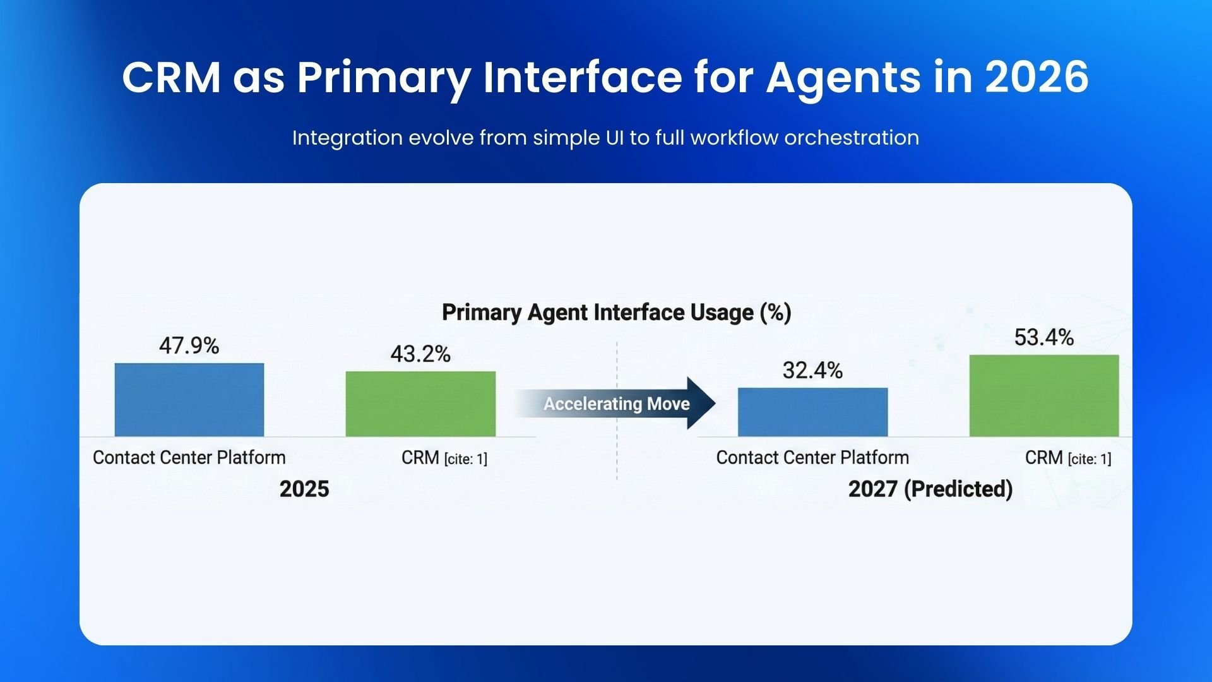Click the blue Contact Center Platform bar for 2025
189,399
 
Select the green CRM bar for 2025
420,404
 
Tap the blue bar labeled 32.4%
812,412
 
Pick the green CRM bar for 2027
1044,395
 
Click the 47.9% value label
189,346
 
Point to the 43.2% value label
420,354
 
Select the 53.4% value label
1044,338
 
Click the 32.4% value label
812,371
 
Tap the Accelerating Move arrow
616,404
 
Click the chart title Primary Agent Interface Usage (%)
616,313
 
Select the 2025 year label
304,489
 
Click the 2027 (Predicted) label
930,489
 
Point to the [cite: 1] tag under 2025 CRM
466,459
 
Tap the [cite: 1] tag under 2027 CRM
1090,459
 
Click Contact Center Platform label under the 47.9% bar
189,457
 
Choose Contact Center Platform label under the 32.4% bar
812,457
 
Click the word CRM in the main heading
172,77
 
